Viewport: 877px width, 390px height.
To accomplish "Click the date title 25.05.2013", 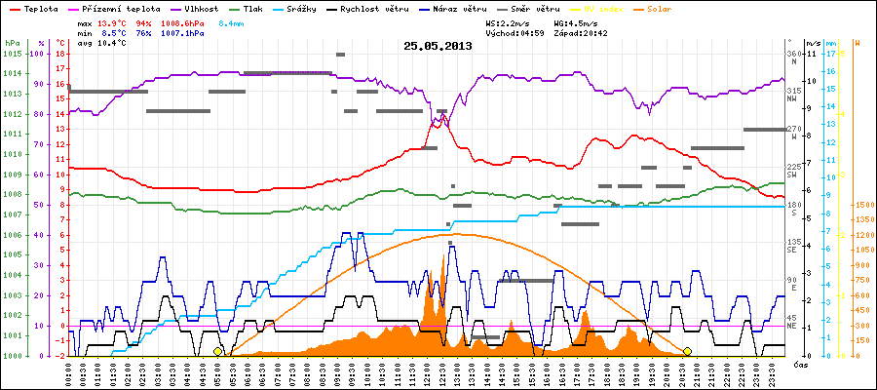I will click(x=438, y=46).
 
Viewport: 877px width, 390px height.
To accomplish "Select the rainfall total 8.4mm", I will click(x=231, y=22).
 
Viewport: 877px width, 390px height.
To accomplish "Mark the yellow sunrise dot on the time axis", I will click(x=217, y=351).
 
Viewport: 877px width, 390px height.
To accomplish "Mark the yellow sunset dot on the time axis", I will click(x=687, y=351).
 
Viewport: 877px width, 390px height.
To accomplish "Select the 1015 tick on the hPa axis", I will click(x=11, y=54).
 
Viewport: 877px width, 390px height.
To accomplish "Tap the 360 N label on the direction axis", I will click(x=792, y=57).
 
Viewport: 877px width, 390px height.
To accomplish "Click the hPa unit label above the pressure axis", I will click(x=11, y=44).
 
